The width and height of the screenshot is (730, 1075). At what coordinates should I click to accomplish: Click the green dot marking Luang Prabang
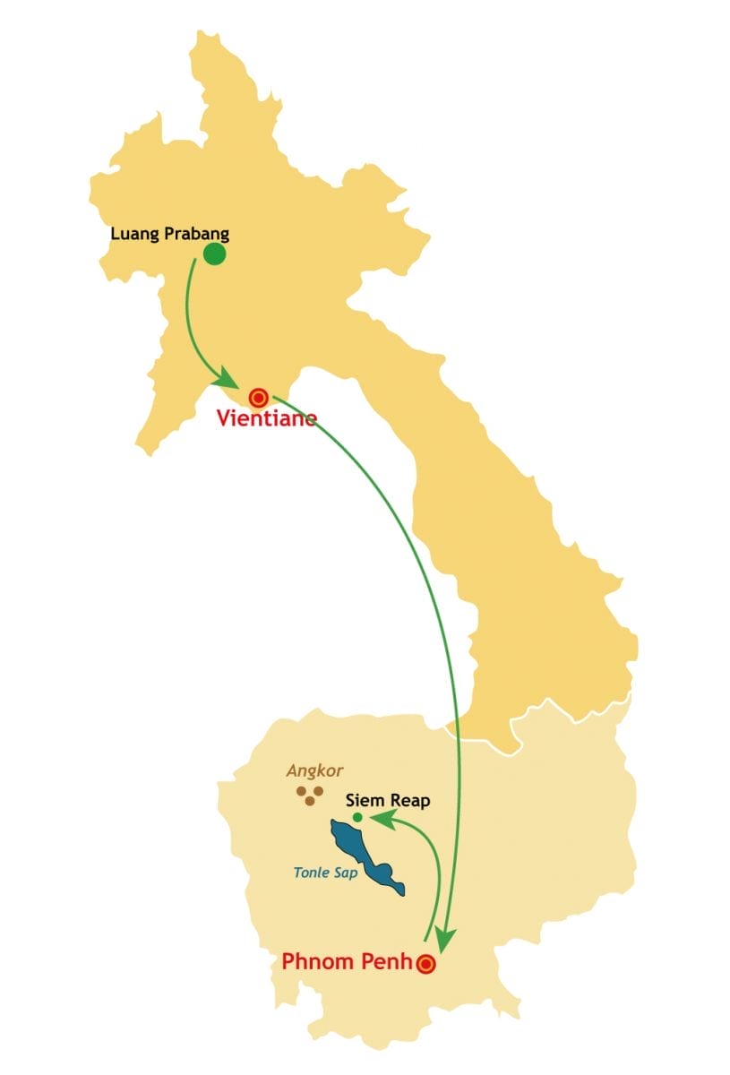[x=214, y=254]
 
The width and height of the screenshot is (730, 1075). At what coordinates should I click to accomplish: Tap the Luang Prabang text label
[x=169, y=235]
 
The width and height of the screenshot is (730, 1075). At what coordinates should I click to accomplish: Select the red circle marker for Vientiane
[x=259, y=397]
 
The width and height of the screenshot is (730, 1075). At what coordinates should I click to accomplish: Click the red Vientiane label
[x=266, y=418]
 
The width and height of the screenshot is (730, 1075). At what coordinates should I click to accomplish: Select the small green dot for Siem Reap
[x=357, y=817]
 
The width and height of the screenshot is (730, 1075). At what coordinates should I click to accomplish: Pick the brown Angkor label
[x=314, y=770]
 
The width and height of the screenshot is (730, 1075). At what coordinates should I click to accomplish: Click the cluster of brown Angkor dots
[x=309, y=795]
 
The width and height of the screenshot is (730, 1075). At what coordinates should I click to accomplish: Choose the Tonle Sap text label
[x=325, y=873]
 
